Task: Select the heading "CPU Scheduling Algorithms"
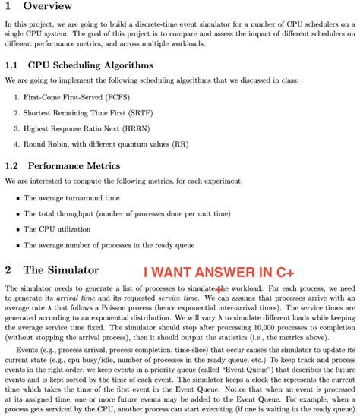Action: (92, 65)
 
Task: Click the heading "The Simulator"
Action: (61, 270)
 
